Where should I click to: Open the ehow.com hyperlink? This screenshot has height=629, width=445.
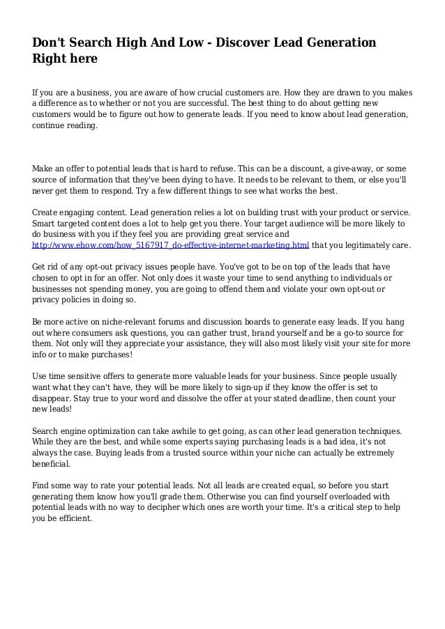click(171, 246)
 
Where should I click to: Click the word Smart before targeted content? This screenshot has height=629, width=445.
click(47, 224)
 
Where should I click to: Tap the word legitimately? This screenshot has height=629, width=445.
click(364, 246)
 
